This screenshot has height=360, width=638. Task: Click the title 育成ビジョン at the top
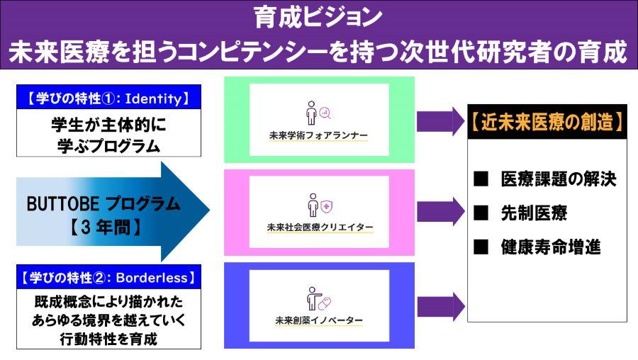click(318, 16)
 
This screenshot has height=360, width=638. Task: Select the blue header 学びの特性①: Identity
click(108, 98)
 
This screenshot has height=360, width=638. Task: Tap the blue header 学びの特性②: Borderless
click(108, 276)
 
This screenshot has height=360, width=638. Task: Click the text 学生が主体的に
click(108, 124)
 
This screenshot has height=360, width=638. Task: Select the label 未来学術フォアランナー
click(319, 135)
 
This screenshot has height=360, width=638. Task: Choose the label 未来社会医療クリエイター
click(319, 227)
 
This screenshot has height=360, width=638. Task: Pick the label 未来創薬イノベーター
click(319, 320)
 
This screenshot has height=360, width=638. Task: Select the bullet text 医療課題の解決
click(557, 179)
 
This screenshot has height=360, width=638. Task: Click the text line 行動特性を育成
click(108, 339)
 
